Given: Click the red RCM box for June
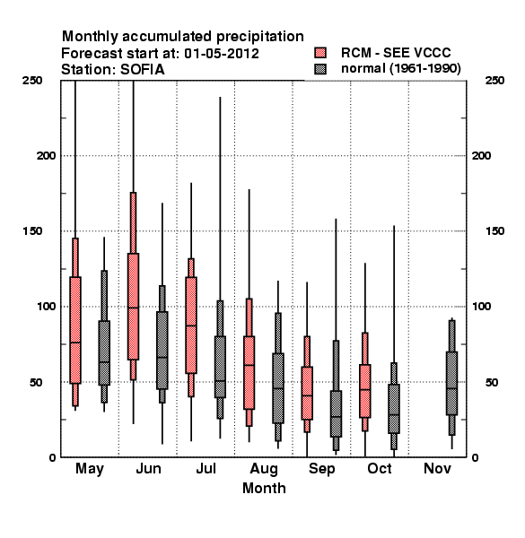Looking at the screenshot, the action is (133, 307).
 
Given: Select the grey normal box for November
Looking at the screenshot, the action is (452, 383).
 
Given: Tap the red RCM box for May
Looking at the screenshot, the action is (75, 330).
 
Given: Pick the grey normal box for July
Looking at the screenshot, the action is (220, 367).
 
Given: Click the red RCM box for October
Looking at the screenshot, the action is (365, 391).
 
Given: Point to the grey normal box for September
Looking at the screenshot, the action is (336, 413).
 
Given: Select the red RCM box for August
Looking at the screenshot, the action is (249, 373).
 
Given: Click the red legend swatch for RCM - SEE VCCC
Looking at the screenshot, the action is (320, 53).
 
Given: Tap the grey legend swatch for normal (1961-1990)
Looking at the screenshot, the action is (320, 69).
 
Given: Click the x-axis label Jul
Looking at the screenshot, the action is (206, 468).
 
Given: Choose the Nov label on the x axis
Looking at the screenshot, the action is (437, 468).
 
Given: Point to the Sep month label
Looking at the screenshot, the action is (321, 469).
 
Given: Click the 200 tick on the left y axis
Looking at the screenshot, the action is (46, 156).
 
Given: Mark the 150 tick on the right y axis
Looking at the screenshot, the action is (494, 231).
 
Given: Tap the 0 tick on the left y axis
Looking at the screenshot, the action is (52, 457).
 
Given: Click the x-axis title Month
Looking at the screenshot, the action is (264, 488).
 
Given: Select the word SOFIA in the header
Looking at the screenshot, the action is (142, 70).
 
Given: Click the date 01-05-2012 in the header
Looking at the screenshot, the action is (222, 54).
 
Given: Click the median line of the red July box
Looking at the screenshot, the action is (191, 325).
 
